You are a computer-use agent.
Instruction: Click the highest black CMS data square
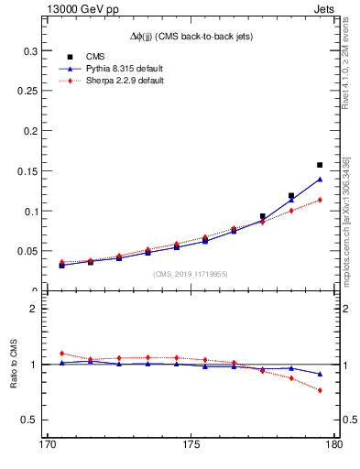point(320,166)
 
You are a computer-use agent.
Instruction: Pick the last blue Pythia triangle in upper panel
point(320,180)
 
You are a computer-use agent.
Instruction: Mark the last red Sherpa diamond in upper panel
point(320,200)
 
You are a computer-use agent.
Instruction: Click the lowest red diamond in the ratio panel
point(320,390)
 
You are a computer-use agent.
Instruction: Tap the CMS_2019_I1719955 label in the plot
point(190,273)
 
